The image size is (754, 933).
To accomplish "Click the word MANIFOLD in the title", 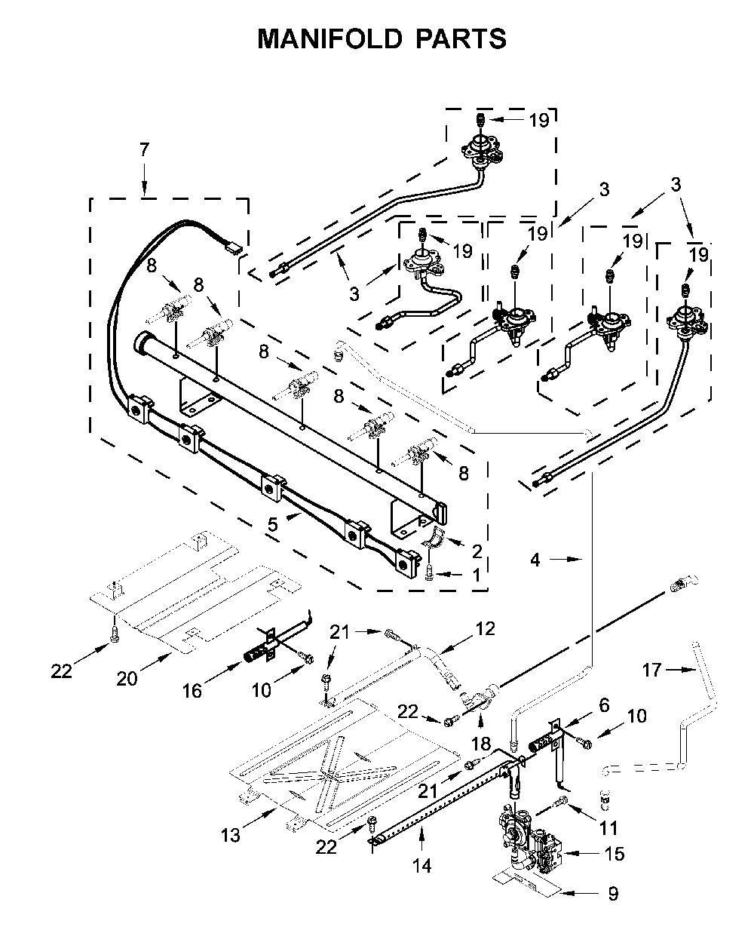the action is coord(329,39).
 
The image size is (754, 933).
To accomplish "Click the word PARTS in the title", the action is coord(461,39).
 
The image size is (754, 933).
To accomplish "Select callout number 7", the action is coord(145,150).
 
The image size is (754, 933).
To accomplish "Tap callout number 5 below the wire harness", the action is coord(273,524).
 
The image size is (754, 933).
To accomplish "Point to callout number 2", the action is coord(477,551).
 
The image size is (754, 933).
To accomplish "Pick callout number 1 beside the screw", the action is coord(477,575).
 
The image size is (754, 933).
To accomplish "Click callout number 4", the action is coord(535,560).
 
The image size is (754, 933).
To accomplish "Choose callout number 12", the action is coord(485,628).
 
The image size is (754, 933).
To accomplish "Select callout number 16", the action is coord(192,691).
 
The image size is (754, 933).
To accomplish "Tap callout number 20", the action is coord(127,679).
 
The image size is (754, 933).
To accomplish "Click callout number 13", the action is coord(231,836).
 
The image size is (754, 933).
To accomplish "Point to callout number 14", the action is coord(422,866).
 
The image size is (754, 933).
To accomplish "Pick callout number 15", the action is coord(615,853).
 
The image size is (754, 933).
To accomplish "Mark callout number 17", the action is coord(651,669).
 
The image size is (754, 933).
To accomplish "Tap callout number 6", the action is coord(604,705).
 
